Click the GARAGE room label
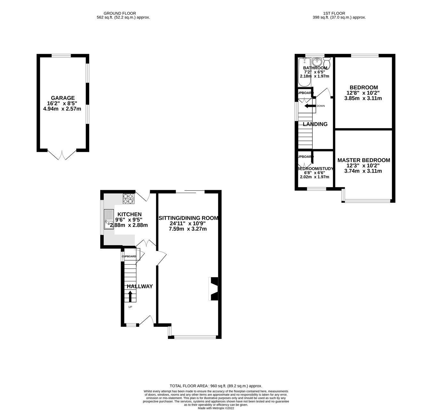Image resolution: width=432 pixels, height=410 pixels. click(x=63, y=98)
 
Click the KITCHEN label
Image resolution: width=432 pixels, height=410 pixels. click(x=129, y=214)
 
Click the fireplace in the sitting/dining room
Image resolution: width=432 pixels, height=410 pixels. click(x=213, y=289)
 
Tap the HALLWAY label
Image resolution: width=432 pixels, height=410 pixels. click(x=140, y=286)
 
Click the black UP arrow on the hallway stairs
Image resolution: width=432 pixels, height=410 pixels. click(x=130, y=296)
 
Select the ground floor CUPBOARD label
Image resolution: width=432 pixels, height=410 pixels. click(x=129, y=256)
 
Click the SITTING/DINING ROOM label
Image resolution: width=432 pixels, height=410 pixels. click(x=188, y=218)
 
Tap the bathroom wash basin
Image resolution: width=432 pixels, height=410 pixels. click(x=317, y=61)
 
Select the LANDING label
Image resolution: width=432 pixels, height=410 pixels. click(x=315, y=124)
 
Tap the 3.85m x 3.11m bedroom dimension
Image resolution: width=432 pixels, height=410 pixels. click(x=363, y=99)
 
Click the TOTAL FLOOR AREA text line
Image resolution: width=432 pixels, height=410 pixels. click(x=216, y=386)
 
